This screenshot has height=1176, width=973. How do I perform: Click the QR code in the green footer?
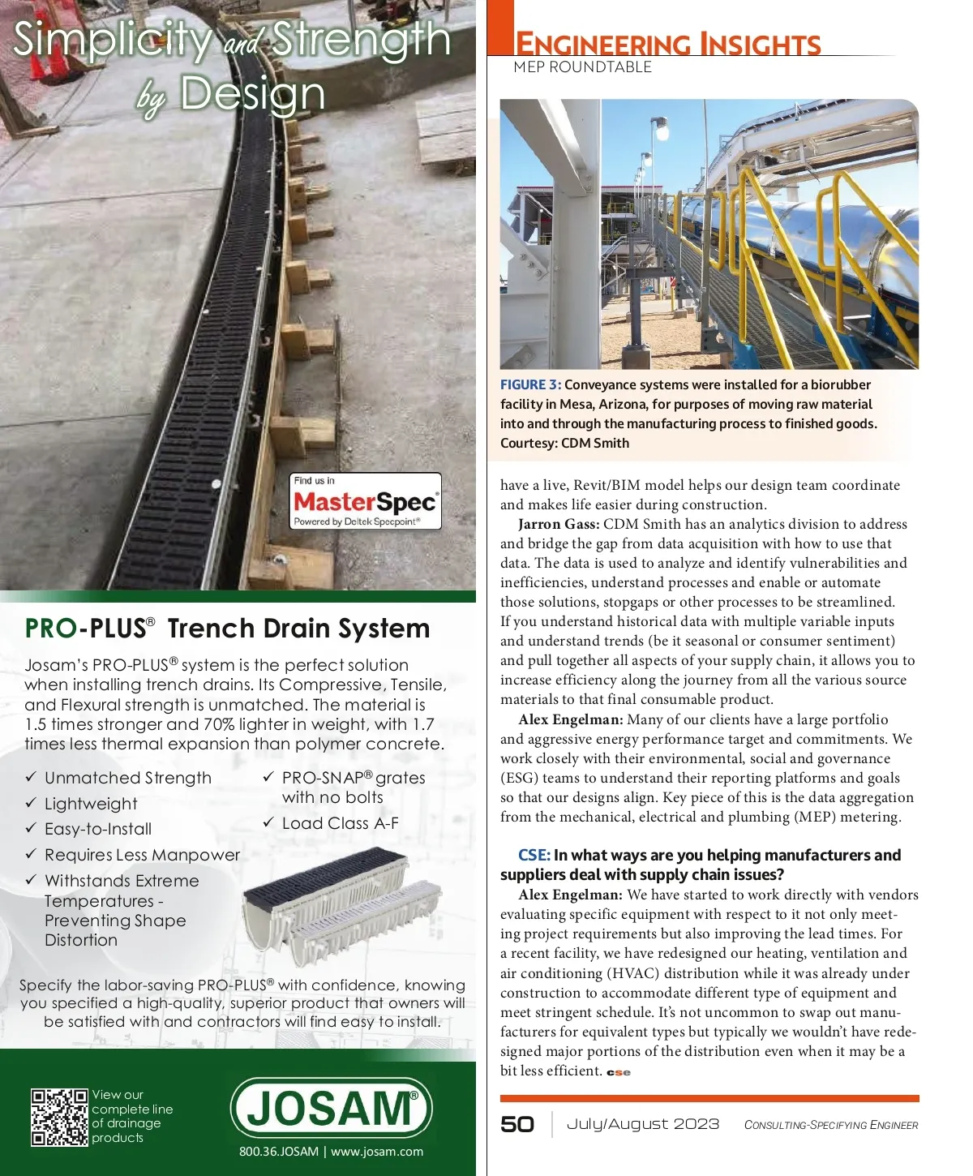point(58,1117)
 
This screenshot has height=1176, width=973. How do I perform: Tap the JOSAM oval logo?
point(331,1108)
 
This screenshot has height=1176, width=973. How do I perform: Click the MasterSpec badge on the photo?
point(366,501)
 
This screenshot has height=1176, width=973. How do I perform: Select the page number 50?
point(517,1125)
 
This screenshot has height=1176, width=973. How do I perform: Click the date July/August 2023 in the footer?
point(642,1124)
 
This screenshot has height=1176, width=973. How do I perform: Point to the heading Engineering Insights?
point(668,43)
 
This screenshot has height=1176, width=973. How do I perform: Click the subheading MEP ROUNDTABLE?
point(582,67)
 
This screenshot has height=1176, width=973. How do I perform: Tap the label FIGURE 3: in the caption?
point(530,385)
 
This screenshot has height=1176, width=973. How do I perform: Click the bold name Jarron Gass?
point(559,525)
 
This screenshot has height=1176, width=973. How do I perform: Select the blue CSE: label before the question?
point(534,855)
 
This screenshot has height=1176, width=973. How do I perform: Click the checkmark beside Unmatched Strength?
point(31,777)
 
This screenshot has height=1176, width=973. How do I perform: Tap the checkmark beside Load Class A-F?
point(268,822)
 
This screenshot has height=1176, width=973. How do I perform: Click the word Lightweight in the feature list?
point(91,804)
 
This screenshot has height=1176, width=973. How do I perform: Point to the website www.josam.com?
point(377,1152)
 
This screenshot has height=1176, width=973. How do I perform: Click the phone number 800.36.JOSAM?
point(278,1152)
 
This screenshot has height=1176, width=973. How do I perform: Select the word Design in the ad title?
point(251,94)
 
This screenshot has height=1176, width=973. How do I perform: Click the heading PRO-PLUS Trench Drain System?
point(227,629)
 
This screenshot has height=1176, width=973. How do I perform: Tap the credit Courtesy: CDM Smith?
point(564,443)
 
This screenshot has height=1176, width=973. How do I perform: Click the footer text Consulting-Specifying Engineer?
point(831,1125)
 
